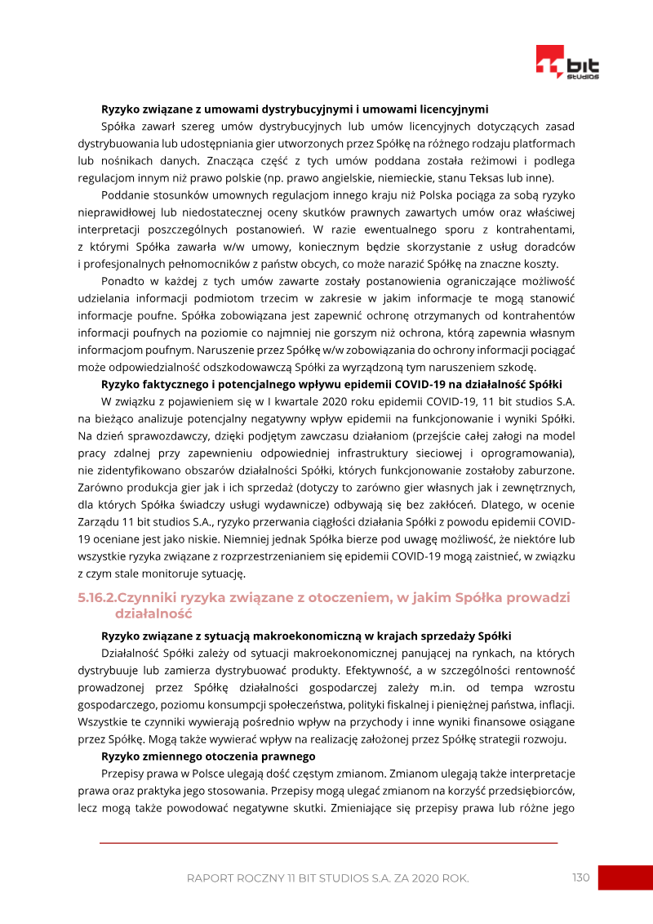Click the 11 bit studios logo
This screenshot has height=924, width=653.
pyautogui.click(x=567, y=63)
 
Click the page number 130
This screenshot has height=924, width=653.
pyautogui.click(x=580, y=877)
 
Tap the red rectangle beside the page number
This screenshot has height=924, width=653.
pyautogui.click(x=625, y=878)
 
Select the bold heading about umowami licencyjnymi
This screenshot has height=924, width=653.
pyautogui.click(x=295, y=108)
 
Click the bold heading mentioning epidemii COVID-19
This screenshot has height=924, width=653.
pyautogui.click(x=331, y=383)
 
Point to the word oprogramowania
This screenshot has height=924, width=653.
pyautogui.click(x=531, y=453)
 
